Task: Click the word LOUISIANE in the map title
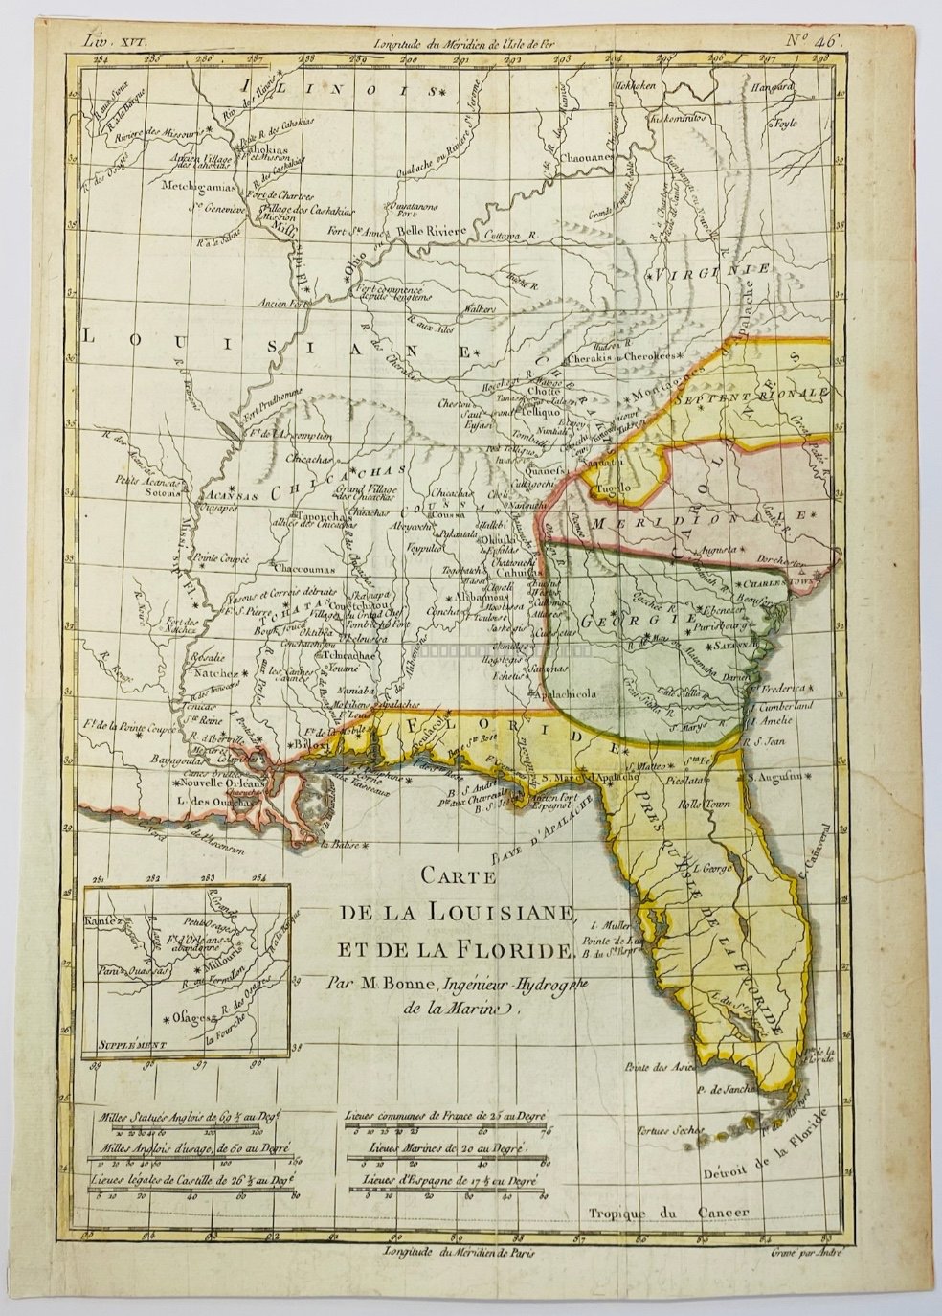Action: coord(490,911)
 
